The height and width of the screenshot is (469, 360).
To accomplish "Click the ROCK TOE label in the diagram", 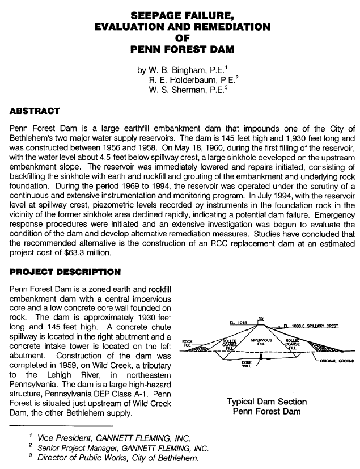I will click(x=188, y=343).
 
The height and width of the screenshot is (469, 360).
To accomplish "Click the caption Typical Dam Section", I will click(x=266, y=401).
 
